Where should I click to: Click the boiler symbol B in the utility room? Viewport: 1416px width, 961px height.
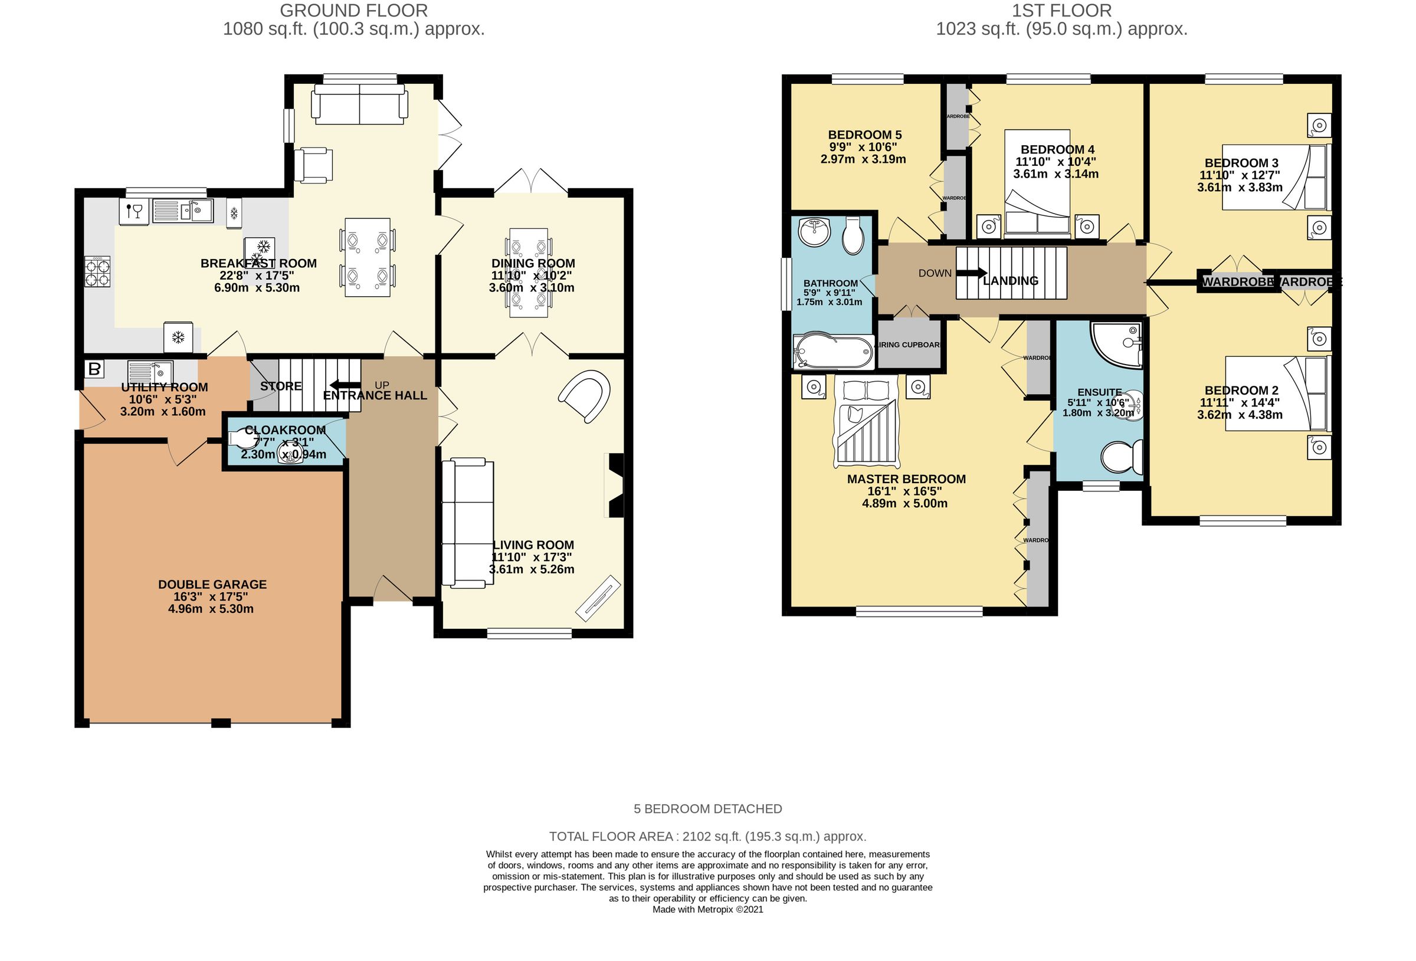click(x=94, y=369)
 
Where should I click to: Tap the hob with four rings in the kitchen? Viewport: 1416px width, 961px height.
click(x=97, y=272)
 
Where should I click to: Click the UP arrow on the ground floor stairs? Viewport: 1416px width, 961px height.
click(x=344, y=385)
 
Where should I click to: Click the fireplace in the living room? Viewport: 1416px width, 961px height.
click(x=614, y=486)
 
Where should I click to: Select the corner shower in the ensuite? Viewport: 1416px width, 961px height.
click(x=1116, y=345)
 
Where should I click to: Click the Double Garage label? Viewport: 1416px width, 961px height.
click(x=212, y=585)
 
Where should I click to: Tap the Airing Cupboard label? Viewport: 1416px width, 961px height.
click(x=909, y=345)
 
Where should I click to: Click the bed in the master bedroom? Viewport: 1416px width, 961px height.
click(x=865, y=421)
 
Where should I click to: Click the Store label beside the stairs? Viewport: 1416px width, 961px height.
click(x=280, y=386)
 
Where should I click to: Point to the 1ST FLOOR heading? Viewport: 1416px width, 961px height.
click(x=1061, y=11)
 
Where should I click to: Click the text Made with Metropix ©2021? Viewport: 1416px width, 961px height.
click(x=707, y=909)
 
